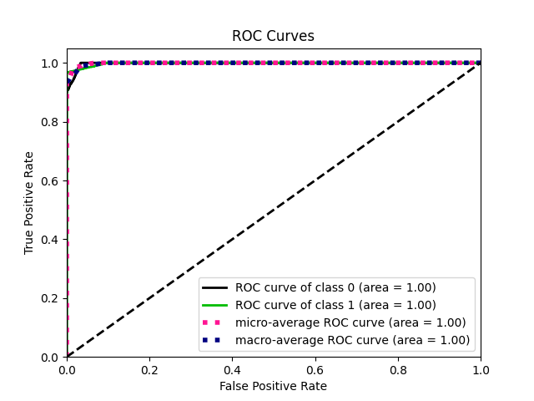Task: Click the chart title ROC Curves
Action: coord(273,36)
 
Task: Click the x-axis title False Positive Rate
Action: coord(273,386)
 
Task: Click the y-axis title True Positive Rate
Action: coord(29,202)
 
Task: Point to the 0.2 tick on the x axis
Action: coord(149,368)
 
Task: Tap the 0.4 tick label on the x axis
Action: coord(232,368)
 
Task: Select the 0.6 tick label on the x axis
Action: coord(315,368)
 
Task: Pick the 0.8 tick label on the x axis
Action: coord(398,368)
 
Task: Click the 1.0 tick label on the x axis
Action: coord(481,368)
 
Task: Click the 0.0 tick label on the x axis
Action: coord(67,368)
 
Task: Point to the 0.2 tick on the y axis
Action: coord(51,298)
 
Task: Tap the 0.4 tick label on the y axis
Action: coord(51,240)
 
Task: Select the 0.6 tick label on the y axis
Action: coord(51,180)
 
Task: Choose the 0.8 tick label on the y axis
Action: coord(51,122)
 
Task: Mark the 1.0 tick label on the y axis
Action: coord(51,63)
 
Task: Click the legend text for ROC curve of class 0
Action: coord(335,287)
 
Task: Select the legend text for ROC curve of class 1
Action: coord(335,305)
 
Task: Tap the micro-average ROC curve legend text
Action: coord(350,322)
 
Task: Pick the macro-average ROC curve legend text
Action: coord(352,340)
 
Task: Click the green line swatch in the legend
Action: coord(216,305)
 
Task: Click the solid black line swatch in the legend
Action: coord(216,287)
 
